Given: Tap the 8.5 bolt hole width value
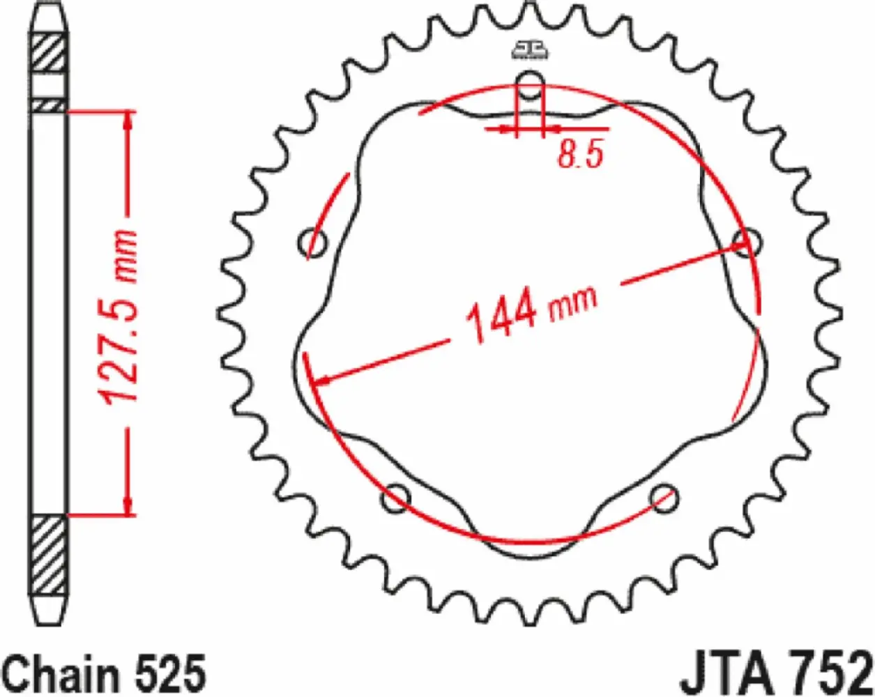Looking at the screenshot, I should [x=579, y=155].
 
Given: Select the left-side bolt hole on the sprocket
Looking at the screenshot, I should [x=312, y=245].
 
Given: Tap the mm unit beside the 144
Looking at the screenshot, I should [x=573, y=301].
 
